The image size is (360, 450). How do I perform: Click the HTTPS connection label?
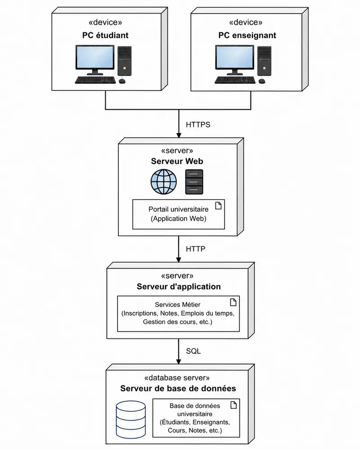pyautogui.click(x=198, y=125)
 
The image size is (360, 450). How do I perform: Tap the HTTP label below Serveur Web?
pyautogui.click(x=196, y=249)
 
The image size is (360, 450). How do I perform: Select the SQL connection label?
pyautogui.click(x=193, y=351)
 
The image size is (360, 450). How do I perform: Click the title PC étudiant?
pyautogui.click(x=105, y=36)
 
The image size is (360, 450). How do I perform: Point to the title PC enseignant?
pyautogui.click(x=247, y=36)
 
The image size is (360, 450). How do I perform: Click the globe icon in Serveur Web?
pyautogui.click(x=164, y=182)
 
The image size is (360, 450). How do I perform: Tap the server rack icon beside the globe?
pyautogui.click(x=194, y=182)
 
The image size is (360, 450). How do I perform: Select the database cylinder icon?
pyautogui.click(x=131, y=419)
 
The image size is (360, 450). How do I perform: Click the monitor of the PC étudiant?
pyautogui.click(x=95, y=60)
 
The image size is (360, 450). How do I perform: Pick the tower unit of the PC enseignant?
pyautogui.click(x=264, y=61)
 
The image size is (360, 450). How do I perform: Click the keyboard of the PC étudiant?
pyautogui.click(x=95, y=80)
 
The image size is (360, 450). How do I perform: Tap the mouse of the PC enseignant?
pyautogui.click(x=262, y=81)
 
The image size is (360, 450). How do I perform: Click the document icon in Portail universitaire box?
pyautogui.click(x=218, y=205)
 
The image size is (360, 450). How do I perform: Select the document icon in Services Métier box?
pyautogui.click(x=233, y=302)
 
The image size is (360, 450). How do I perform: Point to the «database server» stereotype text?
pyautogui.click(x=177, y=378)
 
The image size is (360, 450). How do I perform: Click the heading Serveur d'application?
pyautogui.click(x=179, y=286)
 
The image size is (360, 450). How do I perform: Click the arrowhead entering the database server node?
pyautogui.click(x=178, y=361)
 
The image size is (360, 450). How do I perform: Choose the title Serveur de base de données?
pyautogui.click(x=178, y=388)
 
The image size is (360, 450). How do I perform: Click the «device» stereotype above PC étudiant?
pyautogui.click(x=105, y=22)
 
